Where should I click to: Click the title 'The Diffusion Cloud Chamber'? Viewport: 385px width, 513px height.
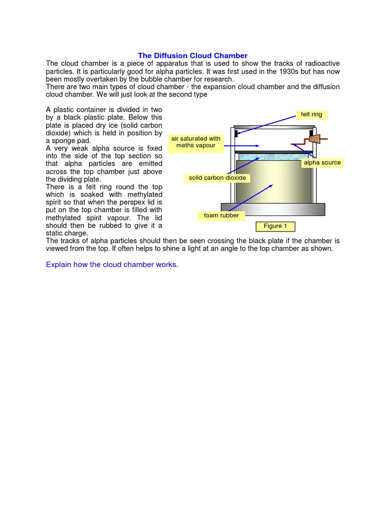pyautogui.click(x=192, y=56)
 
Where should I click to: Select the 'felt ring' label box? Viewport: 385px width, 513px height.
pyautogui.click(x=311, y=115)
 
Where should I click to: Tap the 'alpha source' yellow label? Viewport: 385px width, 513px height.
pyautogui.click(x=322, y=162)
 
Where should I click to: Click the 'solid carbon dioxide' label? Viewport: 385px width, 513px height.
pyautogui.click(x=217, y=178)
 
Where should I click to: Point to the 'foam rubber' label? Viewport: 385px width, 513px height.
pyautogui.click(x=218, y=216)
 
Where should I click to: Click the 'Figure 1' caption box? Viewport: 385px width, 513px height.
pyautogui.click(x=275, y=226)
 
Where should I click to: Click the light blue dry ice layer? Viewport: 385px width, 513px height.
pyautogui.click(x=273, y=157)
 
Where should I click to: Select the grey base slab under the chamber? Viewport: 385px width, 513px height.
pyautogui.click(x=273, y=209)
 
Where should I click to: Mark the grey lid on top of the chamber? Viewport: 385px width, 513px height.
pyautogui.click(x=274, y=127)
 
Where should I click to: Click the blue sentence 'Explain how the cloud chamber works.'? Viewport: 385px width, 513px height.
pyautogui.click(x=112, y=265)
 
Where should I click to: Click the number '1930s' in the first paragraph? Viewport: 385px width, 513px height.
pyautogui.click(x=285, y=71)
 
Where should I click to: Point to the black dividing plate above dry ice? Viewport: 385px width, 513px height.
pyautogui.click(x=274, y=152)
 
